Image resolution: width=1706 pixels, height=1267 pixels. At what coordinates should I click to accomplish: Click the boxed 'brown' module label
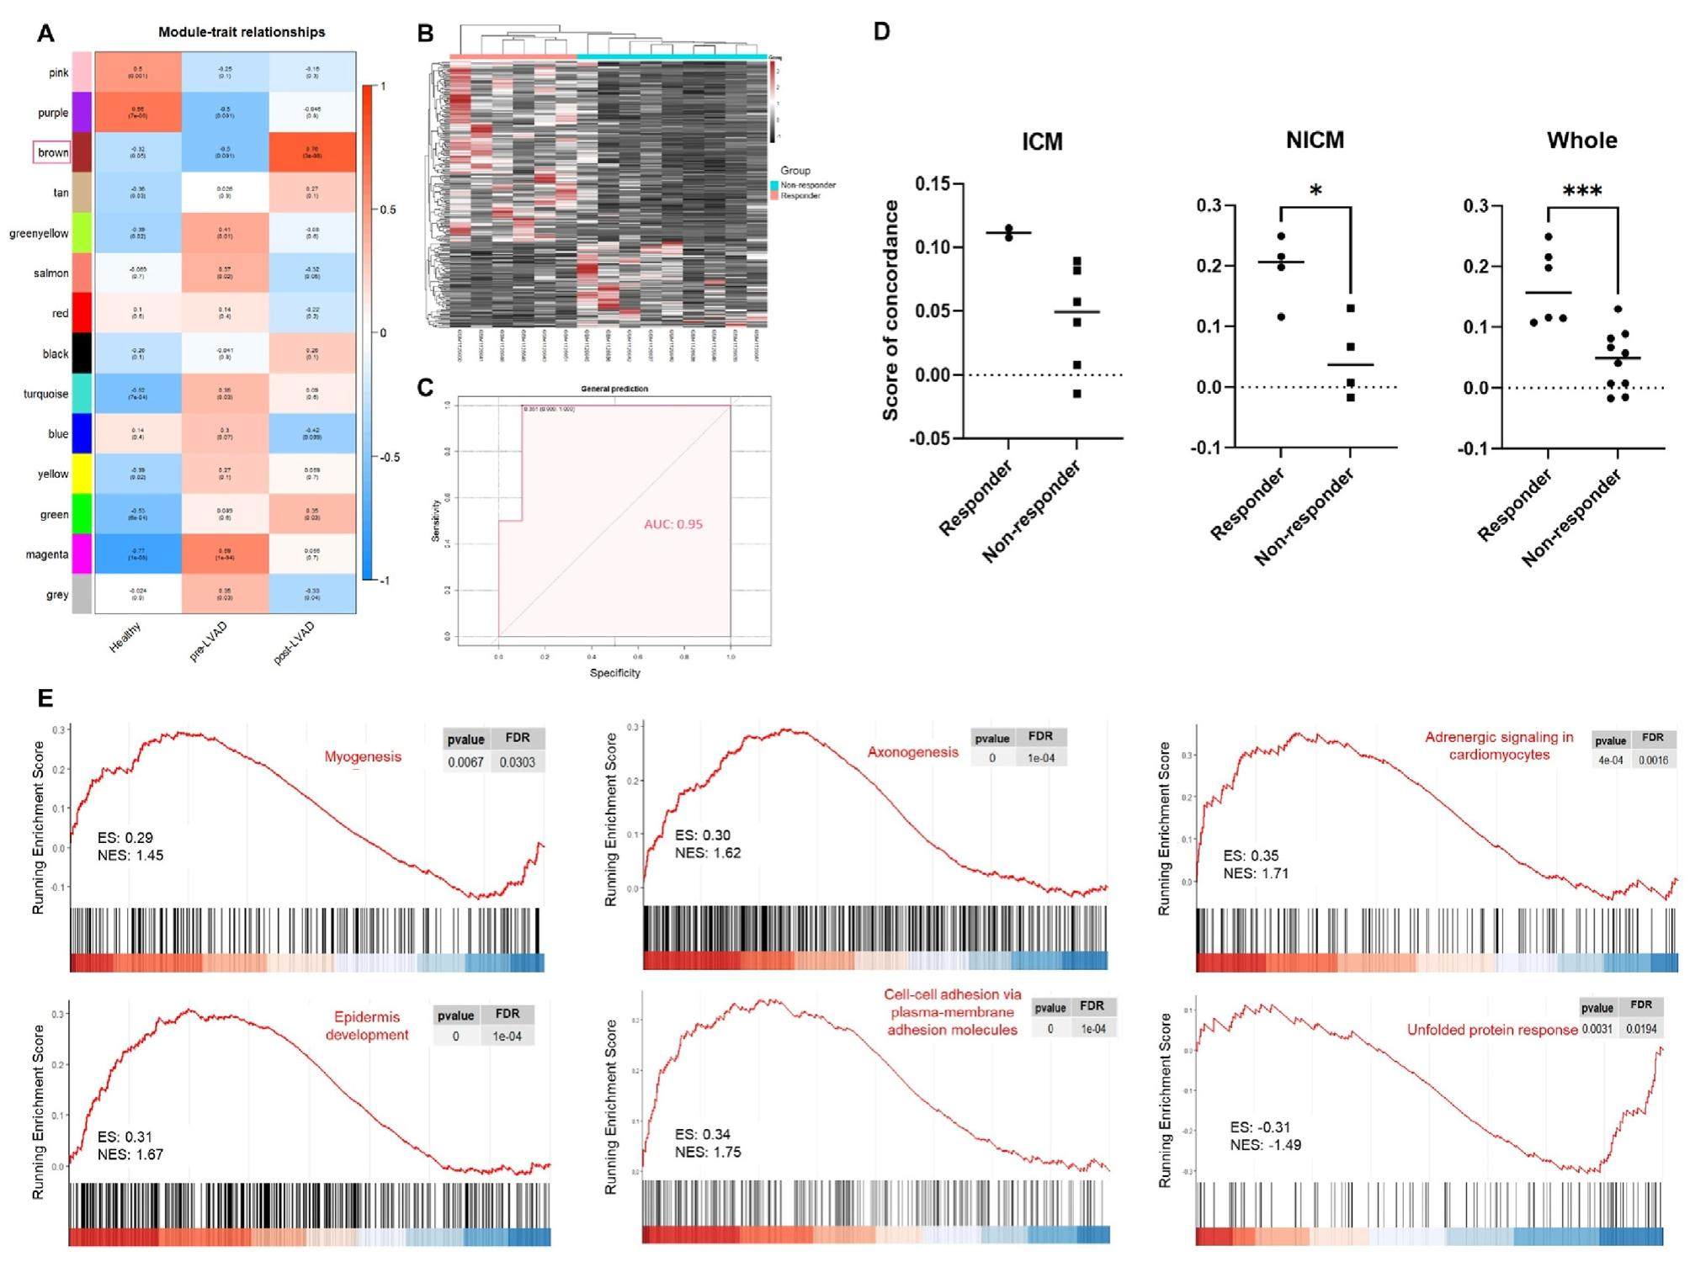(52, 152)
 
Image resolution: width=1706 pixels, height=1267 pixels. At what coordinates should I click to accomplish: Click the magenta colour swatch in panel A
(82, 554)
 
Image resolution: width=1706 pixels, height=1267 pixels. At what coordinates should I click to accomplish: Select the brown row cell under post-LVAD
(312, 152)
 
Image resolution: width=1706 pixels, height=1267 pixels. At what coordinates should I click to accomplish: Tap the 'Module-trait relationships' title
(242, 32)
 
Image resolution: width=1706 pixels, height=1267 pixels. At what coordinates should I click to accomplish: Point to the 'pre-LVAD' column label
(208, 642)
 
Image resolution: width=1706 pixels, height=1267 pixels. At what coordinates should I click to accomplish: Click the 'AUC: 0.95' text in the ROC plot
(673, 524)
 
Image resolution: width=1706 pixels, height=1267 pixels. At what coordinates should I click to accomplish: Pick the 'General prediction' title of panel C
(614, 389)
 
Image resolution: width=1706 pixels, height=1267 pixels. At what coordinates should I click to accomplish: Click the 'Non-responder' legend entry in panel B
(808, 185)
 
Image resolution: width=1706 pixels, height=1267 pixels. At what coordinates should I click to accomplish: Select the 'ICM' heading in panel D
(1042, 141)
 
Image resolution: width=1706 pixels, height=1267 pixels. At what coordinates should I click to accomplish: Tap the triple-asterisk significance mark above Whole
(1582, 191)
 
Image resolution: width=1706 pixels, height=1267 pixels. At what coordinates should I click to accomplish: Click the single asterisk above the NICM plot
(1315, 191)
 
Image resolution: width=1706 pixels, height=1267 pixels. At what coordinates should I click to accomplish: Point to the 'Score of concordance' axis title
(890, 310)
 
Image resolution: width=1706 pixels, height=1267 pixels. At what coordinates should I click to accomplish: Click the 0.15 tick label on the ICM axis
(933, 183)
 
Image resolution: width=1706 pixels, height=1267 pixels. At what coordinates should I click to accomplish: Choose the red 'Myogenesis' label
(363, 756)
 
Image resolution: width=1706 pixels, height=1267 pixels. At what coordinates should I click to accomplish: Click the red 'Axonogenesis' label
(913, 752)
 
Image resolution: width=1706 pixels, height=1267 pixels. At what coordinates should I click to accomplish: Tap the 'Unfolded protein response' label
(1492, 1030)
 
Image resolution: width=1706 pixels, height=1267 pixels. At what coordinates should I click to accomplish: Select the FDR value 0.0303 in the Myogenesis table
(517, 762)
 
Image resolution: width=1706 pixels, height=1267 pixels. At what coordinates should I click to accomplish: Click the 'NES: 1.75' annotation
(708, 1152)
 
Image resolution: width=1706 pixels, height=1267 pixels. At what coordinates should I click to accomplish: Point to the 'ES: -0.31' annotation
(1260, 1127)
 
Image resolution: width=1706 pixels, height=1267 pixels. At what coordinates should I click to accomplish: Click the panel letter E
(45, 697)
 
